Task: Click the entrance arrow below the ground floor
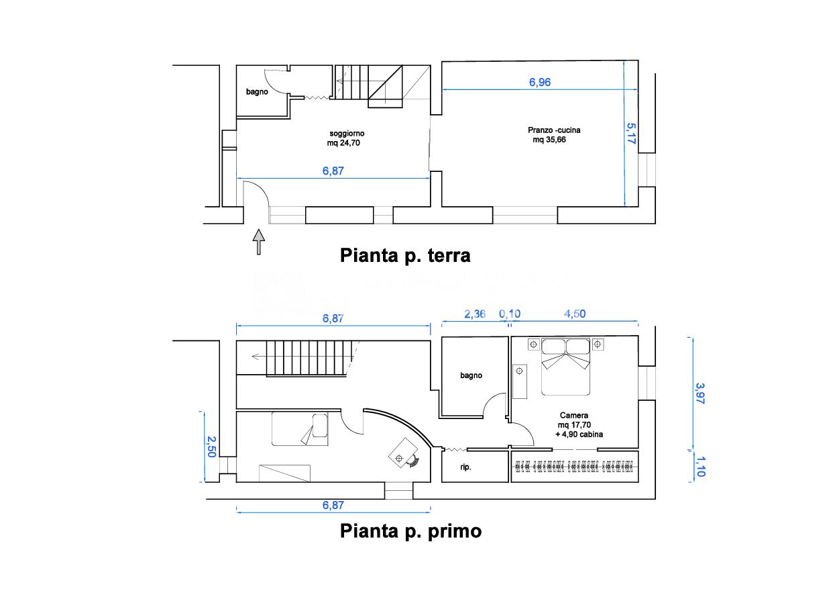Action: click(259, 241)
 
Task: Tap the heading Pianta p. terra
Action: click(405, 256)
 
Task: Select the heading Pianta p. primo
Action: click(410, 531)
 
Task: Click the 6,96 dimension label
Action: click(539, 83)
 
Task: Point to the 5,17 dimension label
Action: click(630, 133)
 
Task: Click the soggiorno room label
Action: click(347, 133)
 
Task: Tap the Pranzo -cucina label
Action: click(554, 130)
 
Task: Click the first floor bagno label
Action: click(471, 376)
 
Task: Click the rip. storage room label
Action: click(465, 467)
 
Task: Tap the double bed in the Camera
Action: click(565, 367)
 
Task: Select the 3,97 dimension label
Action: click(700, 393)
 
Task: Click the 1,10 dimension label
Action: click(700, 466)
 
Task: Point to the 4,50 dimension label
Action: click(574, 314)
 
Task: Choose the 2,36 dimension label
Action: click(475, 314)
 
